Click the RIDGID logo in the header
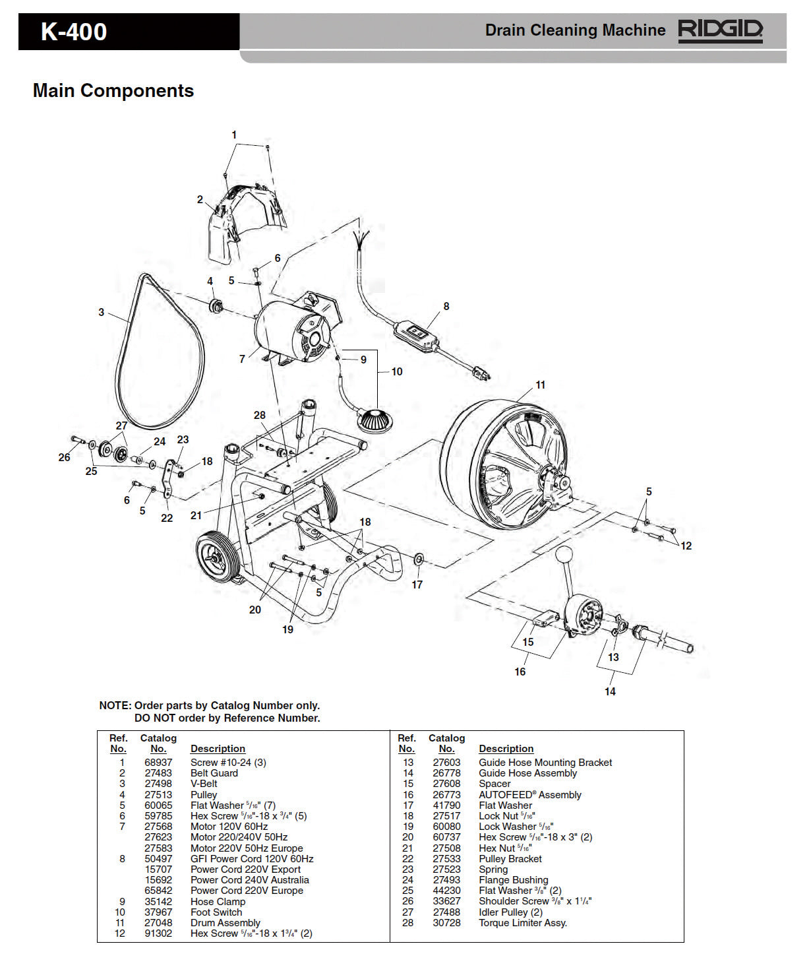point(720,30)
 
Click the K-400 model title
point(74,32)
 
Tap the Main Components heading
point(113,90)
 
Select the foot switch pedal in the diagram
point(375,420)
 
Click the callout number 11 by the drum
point(540,385)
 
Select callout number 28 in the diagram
point(260,415)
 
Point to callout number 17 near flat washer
point(417,584)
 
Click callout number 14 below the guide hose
point(610,691)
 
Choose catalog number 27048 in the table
point(158,922)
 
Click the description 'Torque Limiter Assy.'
point(523,922)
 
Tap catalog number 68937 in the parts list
point(158,762)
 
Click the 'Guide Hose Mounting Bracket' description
point(545,762)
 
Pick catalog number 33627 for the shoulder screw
point(446,901)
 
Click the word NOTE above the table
point(115,705)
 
